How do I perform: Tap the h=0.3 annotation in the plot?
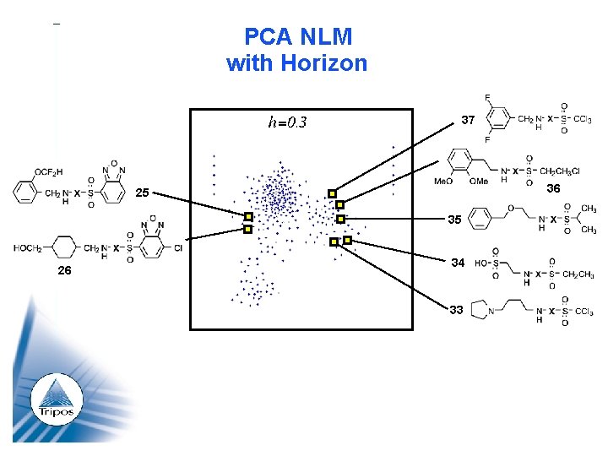(x=287, y=123)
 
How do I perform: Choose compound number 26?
(x=64, y=271)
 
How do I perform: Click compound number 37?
(x=468, y=120)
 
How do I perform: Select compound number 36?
(x=553, y=188)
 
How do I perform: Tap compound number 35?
(x=454, y=220)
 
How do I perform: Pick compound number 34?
(x=457, y=263)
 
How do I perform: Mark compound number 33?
(x=456, y=310)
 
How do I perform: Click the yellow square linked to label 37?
(x=333, y=193)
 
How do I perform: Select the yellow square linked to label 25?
(x=248, y=217)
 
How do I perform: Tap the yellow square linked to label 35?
(x=340, y=219)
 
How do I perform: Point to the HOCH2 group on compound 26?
(x=29, y=248)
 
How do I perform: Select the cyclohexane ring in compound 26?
(x=66, y=249)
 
